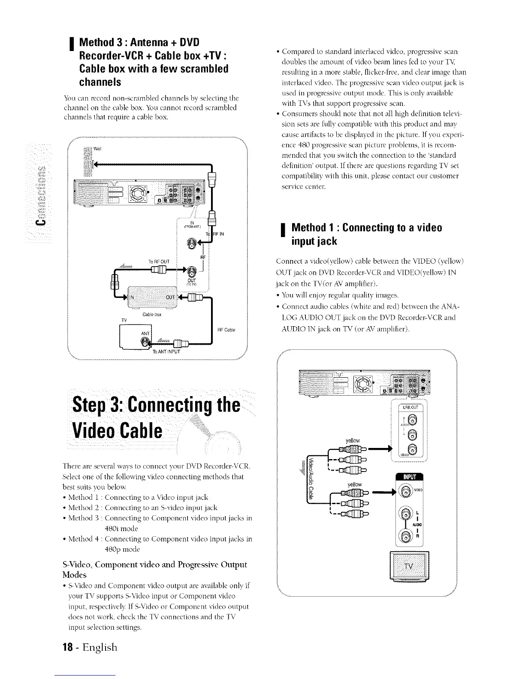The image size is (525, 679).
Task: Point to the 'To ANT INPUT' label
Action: [167, 352]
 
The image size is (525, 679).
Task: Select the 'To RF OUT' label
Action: [159, 261]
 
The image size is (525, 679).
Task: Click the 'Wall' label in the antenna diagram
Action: [97, 149]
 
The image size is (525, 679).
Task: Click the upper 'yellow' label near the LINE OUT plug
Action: [353, 440]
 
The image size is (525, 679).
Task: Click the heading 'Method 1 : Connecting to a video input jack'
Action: [367, 234]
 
